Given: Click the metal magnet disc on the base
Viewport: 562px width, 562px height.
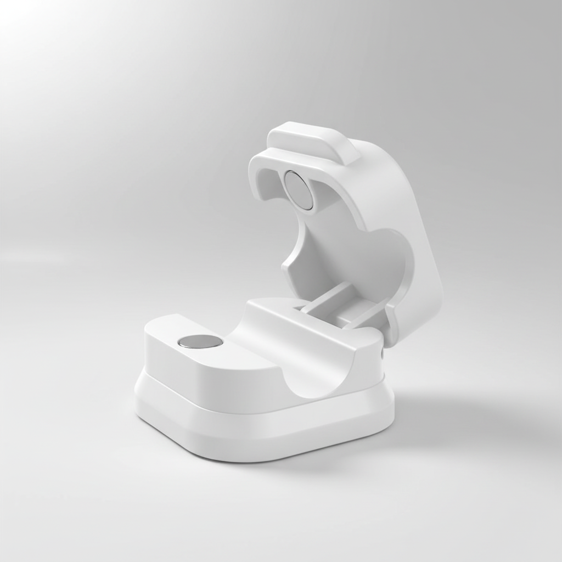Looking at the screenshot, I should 200,341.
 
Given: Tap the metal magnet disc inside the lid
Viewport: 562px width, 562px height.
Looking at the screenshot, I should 299,190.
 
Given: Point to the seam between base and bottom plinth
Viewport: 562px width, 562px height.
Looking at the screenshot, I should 263,409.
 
